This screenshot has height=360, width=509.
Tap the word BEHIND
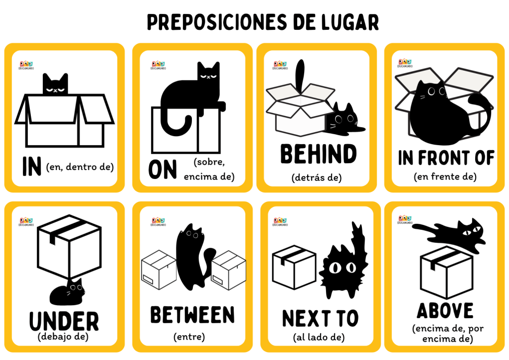[319, 155]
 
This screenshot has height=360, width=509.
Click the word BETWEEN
[192, 315]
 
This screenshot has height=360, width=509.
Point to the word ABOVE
[445, 311]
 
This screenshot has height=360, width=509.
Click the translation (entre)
[189, 337]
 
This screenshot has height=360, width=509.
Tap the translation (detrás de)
[317, 177]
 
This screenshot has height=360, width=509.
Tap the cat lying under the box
[67, 292]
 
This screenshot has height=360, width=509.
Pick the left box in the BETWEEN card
[159, 269]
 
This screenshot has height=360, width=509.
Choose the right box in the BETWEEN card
[228, 269]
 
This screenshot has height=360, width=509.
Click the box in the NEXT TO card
[294, 267]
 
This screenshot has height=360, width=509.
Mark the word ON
[163, 170]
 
